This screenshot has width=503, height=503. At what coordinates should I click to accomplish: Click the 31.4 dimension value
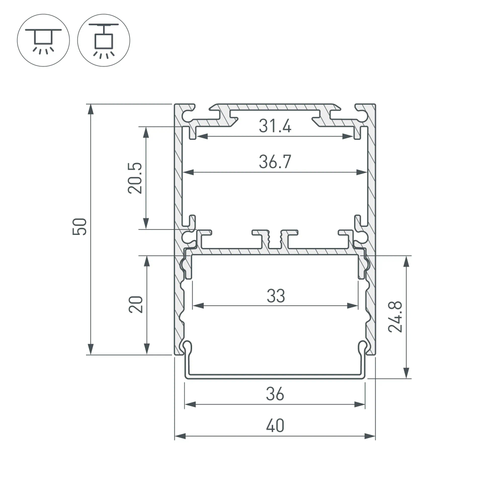pyautogui.click(x=275, y=126)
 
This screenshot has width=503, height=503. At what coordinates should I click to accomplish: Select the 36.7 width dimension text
pyautogui.click(x=275, y=162)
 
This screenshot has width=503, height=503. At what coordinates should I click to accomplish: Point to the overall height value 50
pyautogui.click(x=80, y=227)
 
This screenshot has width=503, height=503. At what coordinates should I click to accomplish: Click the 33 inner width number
pyautogui.click(x=276, y=296)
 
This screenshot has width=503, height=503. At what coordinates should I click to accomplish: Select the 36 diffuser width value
pyautogui.click(x=275, y=394)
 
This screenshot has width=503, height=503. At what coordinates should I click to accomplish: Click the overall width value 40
pyautogui.click(x=275, y=426)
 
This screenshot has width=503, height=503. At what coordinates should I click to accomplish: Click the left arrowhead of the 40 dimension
pyautogui.click(x=178, y=436)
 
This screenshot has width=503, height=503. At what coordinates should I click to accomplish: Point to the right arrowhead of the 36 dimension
pyautogui.click(x=361, y=403)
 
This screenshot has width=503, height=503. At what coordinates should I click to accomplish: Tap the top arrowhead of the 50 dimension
pyautogui.click(x=91, y=108)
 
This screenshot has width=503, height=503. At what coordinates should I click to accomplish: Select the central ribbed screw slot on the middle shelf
pyautogui.click(x=275, y=239)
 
